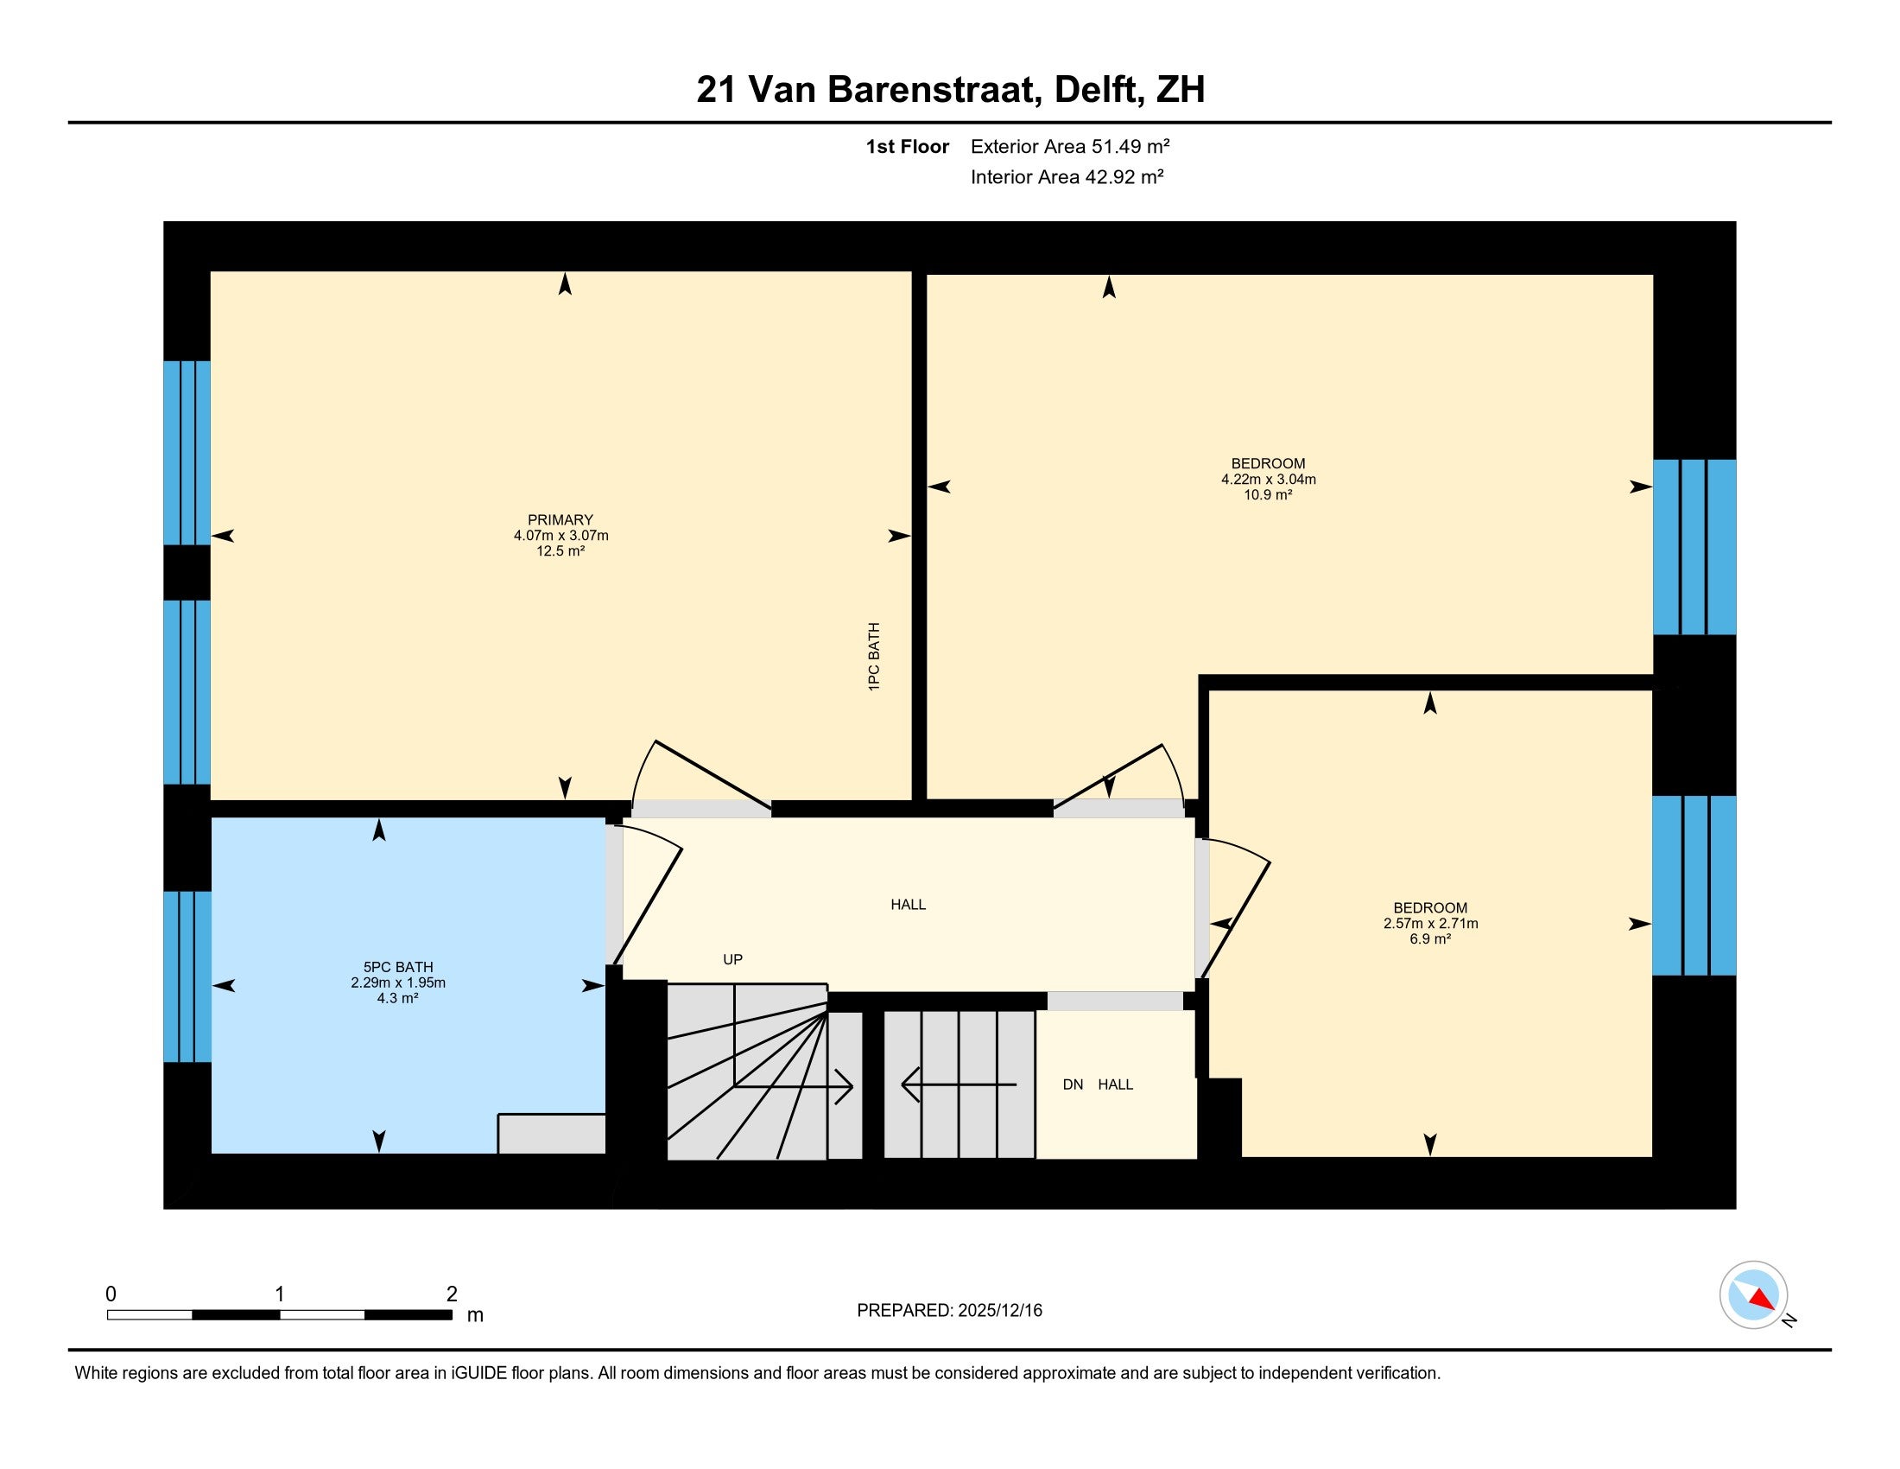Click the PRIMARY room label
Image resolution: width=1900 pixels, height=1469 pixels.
coord(560,519)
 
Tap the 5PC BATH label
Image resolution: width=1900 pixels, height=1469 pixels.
coord(398,967)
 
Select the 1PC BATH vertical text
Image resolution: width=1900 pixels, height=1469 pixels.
coord(874,657)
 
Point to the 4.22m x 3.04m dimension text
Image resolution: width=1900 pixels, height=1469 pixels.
coord(1269,480)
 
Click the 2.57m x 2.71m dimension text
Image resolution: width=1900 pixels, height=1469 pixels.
coord(1431,924)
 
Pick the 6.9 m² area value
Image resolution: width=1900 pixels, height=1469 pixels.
coord(1431,939)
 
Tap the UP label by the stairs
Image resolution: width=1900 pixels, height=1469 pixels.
coord(732,959)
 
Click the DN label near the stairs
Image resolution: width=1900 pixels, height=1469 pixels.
coord(1073,1084)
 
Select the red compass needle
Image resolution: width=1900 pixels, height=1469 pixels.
coord(1763,1300)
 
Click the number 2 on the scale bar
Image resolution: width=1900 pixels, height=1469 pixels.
coord(452,1294)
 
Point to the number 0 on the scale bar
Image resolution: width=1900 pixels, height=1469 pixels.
coord(111,1294)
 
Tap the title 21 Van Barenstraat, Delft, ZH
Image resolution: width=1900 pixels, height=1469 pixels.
coord(950,90)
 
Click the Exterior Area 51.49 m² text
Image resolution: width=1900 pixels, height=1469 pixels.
coord(1070,146)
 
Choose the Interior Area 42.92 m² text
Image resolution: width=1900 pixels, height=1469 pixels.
coord(1067,177)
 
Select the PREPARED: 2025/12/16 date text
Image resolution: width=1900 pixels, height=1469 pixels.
coord(949,1311)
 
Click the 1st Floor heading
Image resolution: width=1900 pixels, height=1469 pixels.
coord(907,146)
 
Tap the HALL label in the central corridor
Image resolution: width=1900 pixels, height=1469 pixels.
coord(909,904)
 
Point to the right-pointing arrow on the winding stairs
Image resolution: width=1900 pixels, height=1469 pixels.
coord(794,1086)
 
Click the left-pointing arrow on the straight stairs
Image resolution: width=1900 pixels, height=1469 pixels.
coord(959,1084)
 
